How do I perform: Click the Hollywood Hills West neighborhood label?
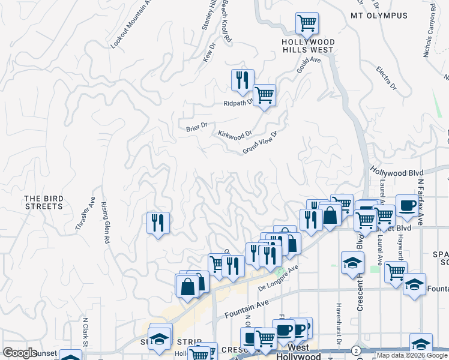[308, 46]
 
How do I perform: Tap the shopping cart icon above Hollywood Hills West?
[307, 23]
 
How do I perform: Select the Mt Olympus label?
[379, 16]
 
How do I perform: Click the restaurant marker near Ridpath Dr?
[243, 80]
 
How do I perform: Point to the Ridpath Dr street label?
[240, 103]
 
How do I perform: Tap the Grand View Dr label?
[260, 143]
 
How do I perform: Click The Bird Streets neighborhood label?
[43, 202]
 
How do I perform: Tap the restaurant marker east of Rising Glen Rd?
[158, 223]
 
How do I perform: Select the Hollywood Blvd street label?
[397, 172]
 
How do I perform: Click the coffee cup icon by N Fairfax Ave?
[406, 206]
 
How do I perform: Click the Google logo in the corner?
[20, 352]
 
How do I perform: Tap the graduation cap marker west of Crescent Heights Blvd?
[352, 262]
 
